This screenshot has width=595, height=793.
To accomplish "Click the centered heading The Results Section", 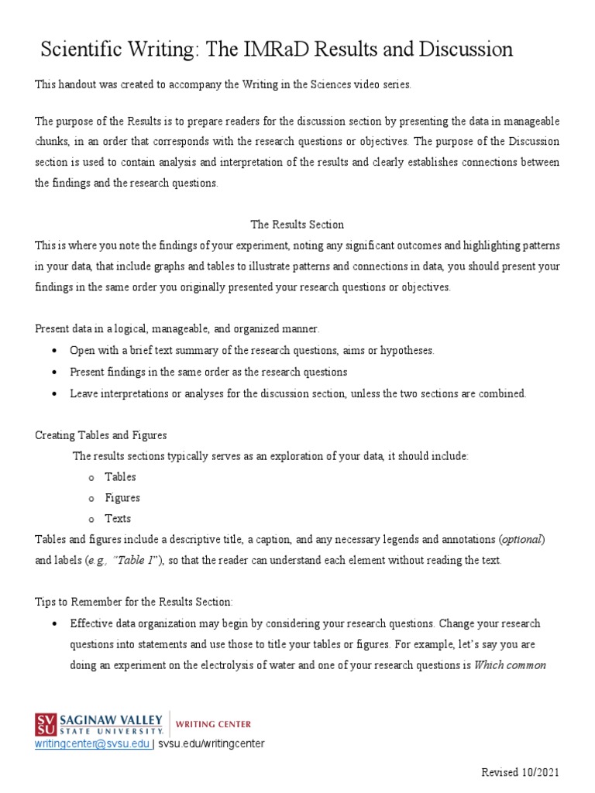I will [x=297, y=225].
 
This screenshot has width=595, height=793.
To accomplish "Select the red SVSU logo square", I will [x=45, y=724].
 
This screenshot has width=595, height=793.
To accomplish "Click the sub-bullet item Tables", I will [x=121, y=477].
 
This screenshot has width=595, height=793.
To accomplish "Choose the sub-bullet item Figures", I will [x=122, y=498].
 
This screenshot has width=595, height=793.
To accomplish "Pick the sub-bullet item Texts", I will [x=118, y=519].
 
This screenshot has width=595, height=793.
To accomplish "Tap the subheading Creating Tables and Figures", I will [x=101, y=435].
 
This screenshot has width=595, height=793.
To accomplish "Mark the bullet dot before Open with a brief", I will [x=53, y=351].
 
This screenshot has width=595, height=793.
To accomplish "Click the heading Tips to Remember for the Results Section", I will [x=133, y=602].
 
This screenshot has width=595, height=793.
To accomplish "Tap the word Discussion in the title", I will [x=465, y=50].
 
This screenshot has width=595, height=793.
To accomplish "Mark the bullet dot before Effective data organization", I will [x=53, y=623].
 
